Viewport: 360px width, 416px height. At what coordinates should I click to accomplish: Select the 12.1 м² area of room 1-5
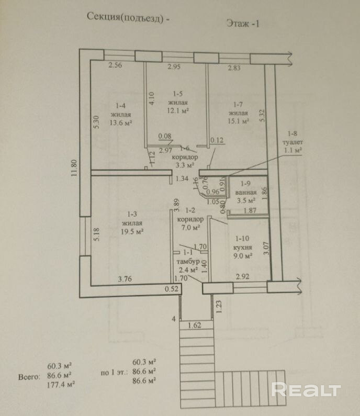178,110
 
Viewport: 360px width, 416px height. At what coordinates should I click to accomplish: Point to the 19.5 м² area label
132,231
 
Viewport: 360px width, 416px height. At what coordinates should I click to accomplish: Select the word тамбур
187,261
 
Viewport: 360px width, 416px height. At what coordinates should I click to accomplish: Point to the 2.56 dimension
115,66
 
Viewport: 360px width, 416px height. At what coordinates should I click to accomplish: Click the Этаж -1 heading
243,23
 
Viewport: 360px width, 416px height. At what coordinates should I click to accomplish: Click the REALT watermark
306,390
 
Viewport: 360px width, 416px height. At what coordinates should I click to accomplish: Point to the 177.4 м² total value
60,385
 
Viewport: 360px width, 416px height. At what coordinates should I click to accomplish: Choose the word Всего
28,376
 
